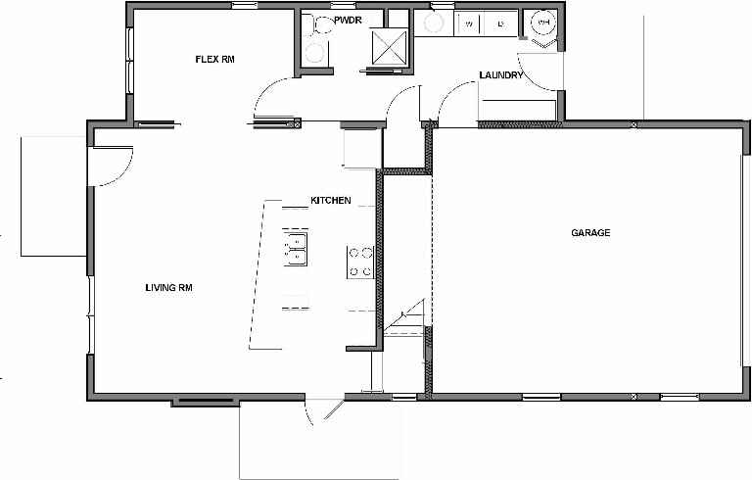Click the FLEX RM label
point(215,60)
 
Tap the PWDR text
point(349,20)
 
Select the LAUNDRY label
point(501,75)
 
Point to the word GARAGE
point(590,233)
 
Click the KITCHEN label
point(330,200)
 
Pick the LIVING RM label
point(167,288)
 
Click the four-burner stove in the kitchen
point(360,262)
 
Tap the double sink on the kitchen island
point(295,249)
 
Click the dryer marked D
point(500,23)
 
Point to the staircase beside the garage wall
point(404,318)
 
